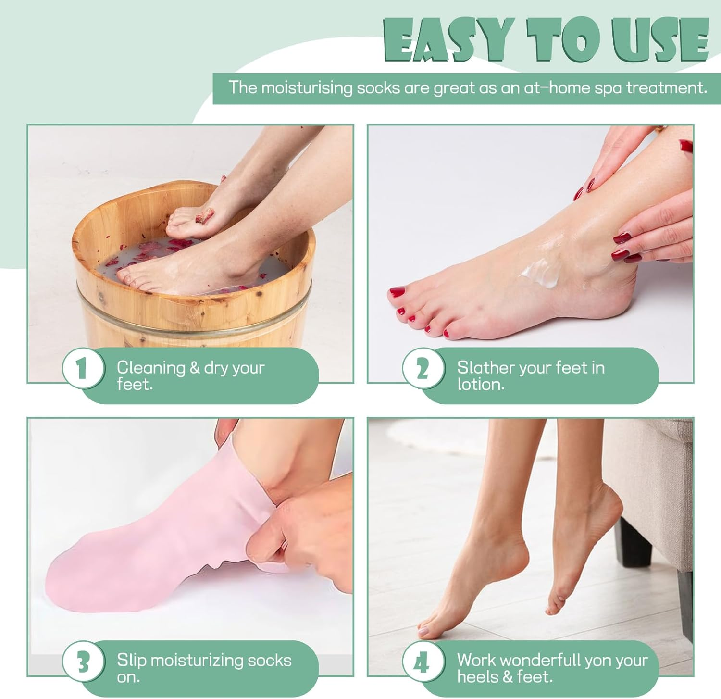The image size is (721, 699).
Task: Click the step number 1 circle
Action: (x=83, y=369)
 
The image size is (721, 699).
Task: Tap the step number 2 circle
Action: (x=423, y=369)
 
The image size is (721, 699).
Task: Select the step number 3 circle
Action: (x=83, y=662)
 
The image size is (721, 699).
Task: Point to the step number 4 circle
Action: (x=423, y=662)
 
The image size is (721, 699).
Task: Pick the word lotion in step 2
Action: (x=480, y=385)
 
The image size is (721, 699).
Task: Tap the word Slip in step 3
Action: (x=131, y=660)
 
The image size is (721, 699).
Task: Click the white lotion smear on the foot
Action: (x=541, y=273)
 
